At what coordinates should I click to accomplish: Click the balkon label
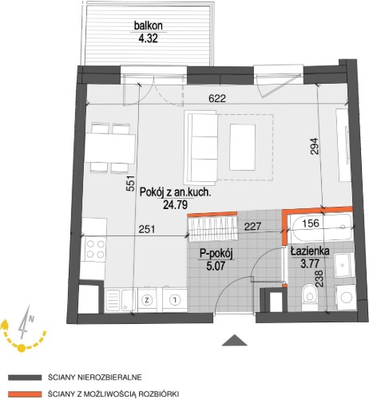(x=149, y=26)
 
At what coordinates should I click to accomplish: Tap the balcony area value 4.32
(x=148, y=38)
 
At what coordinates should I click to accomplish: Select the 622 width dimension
(x=217, y=98)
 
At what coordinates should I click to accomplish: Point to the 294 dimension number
(x=315, y=145)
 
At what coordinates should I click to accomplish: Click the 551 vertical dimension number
(x=130, y=184)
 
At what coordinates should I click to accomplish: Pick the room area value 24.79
(x=175, y=205)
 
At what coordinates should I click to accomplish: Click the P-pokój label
(x=216, y=254)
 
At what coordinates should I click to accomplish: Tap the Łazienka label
(x=310, y=251)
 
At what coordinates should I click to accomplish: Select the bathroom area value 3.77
(x=310, y=263)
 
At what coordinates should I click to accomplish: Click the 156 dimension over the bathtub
(x=311, y=223)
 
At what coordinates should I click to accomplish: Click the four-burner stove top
(x=95, y=249)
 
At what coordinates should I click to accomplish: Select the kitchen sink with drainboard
(x=121, y=300)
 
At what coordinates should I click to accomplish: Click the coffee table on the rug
(x=243, y=147)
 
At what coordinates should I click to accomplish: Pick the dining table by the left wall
(x=109, y=149)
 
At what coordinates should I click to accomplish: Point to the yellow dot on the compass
(x=22, y=347)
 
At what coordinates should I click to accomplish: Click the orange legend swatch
(x=25, y=393)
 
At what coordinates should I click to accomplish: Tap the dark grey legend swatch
(x=25, y=377)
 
